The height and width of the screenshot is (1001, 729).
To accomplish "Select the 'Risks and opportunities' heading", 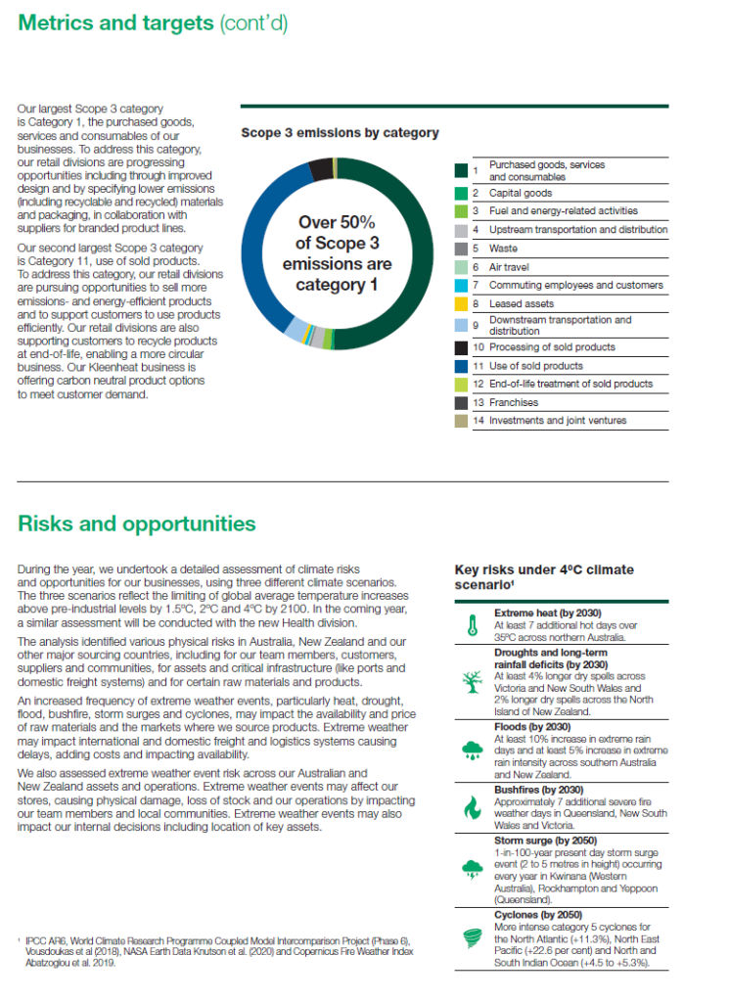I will [137, 523].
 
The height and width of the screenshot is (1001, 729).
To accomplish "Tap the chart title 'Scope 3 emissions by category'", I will [340, 132].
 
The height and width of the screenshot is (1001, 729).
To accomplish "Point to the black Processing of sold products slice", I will [321, 167].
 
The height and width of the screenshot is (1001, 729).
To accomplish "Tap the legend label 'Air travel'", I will [509, 267].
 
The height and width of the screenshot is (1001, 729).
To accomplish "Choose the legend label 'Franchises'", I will [514, 402].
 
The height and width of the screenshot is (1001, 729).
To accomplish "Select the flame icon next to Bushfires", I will [472, 807].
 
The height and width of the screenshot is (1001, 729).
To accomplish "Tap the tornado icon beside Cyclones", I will [472, 936].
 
